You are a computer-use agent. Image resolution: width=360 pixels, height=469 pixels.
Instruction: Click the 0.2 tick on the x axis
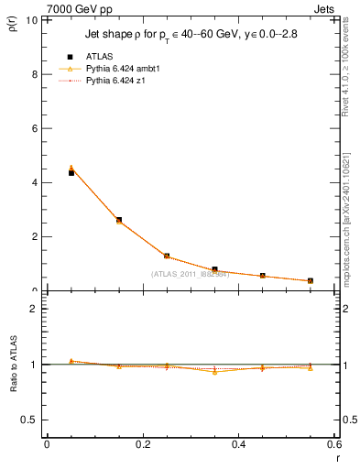(142, 444)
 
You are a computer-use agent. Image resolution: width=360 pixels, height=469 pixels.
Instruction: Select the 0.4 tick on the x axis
(238, 444)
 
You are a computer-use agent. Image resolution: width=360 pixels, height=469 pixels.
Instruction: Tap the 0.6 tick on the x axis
(333, 444)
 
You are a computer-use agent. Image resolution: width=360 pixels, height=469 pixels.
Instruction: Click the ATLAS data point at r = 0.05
(71, 172)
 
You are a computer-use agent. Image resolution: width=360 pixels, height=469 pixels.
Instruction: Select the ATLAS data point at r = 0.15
(119, 220)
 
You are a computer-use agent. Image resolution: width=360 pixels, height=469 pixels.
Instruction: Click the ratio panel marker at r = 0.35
(214, 371)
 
